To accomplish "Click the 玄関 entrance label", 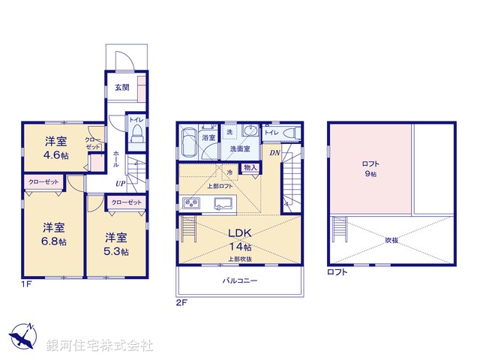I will click(x=121, y=88).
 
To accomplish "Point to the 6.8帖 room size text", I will click(x=53, y=241).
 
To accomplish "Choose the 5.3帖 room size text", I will click(x=117, y=250).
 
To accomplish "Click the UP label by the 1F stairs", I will click(x=120, y=183).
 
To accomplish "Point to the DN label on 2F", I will click(x=274, y=154).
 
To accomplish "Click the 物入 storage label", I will click(x=250, y=169).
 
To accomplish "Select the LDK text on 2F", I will click(x=241, y=232).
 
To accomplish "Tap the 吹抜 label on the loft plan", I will click(x=391, y=240).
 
